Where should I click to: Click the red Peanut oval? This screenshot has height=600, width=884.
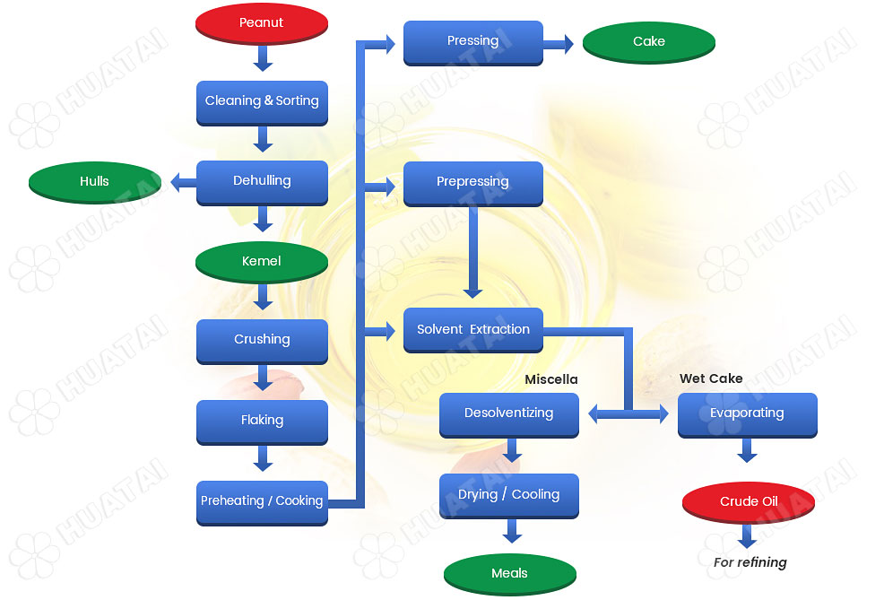(x=261, y=22)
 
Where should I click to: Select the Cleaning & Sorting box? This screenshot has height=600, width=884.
(x=262, y=101)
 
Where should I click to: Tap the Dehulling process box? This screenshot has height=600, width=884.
(x=262, y=181)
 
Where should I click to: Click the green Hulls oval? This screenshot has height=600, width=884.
(x=94, y=181)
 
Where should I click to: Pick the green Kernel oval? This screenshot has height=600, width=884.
(x=262, y=261)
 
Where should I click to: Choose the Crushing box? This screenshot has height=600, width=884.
(x=262, y=340)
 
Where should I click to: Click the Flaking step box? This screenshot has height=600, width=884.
(x=262, y=420)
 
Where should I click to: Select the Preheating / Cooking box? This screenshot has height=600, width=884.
(x=262, y=501)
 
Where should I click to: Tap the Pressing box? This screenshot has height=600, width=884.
(x=472, y=41)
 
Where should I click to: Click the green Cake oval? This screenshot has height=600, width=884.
(x=649, y=41)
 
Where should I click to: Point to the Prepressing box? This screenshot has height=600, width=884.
(x=472, y=182)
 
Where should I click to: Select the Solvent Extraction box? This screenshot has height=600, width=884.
(x=472, y=329)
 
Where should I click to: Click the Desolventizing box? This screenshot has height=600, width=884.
(x=508, y=413)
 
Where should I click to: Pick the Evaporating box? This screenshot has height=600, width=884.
(x=747, y=413)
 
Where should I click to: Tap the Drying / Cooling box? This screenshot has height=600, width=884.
(x=508, y=494)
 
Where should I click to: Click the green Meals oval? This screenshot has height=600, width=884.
(x=509, y=574)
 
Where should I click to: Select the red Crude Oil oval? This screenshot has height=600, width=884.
(x=749, y=501)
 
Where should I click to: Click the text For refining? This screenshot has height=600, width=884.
(x=750, y=562)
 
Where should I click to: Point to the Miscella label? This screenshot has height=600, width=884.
(x=551, y=379)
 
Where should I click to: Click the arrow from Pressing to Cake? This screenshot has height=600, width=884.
(x=559, y=44)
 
